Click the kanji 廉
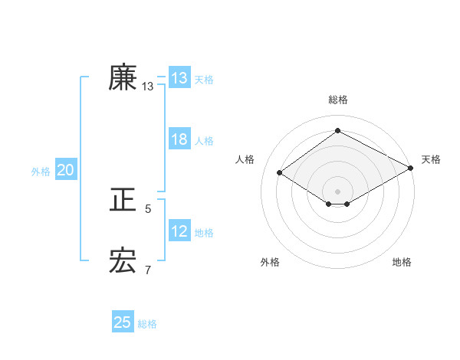click(x=123, y=78)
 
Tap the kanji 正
click(x=123, y=201)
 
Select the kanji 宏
click(x=123, y=262)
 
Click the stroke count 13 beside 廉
click(x=148, y=87)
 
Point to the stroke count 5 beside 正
click(x=148, y=208)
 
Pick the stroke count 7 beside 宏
click(x=148, y=270)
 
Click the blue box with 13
click(x=179, y=78)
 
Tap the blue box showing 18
click(x=179, y=139)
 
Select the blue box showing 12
click(x=179, y=231)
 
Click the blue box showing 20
click(x=65, y=171)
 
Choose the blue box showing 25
click(x=123, y=322)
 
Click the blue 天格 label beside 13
click(x=204, y=79)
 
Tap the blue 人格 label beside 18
click(x=204, y=140)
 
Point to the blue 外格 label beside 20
click(x=41, y=172)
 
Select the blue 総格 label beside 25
click(x=147, y=323)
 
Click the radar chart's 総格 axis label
click(x=337, y=100)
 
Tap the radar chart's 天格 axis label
click(x=431, y=159)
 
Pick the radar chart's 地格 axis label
click(x=402, y=262)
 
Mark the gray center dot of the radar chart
click(x=337, y=191)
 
